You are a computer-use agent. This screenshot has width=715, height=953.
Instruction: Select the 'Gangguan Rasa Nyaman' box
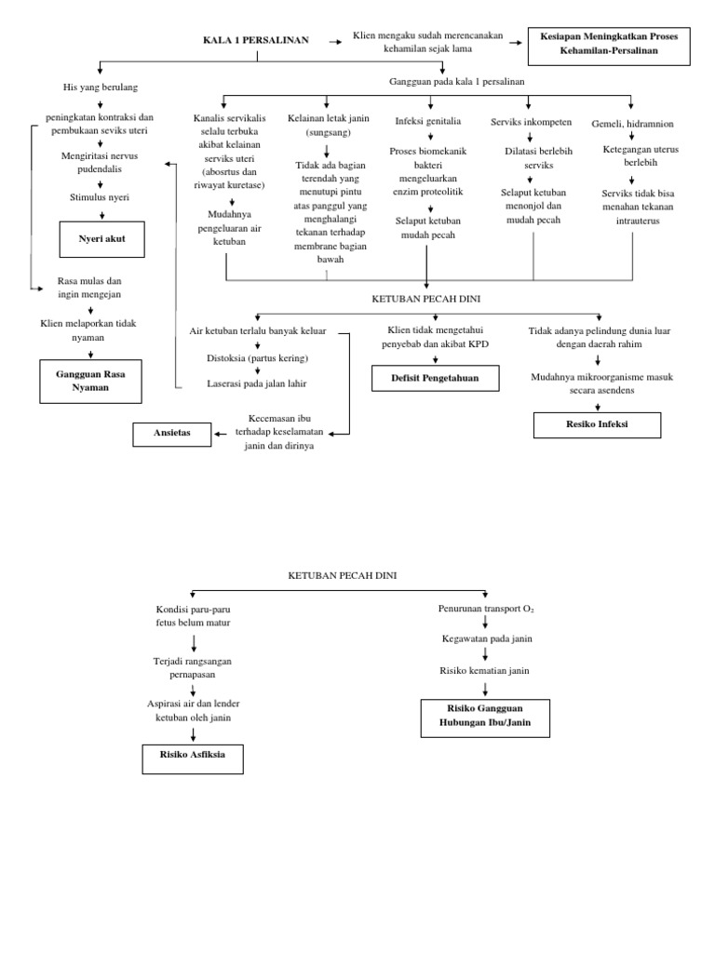91,381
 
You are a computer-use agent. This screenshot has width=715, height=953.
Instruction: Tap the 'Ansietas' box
172,434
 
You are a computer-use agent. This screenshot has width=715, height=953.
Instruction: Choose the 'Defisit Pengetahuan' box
435,378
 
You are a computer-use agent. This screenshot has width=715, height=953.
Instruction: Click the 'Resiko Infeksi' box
597,424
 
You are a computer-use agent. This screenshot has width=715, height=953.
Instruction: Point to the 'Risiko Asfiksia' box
193,758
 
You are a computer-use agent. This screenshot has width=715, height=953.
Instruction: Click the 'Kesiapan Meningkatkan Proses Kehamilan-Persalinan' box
609,44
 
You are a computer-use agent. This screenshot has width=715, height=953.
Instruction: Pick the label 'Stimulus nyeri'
100,197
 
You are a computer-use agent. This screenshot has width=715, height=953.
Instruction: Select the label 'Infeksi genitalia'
427,121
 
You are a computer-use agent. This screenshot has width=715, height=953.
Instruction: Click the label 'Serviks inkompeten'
531,122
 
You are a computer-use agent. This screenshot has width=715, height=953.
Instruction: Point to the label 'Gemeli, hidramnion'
632,123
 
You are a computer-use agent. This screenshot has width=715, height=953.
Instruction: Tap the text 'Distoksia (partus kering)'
257,357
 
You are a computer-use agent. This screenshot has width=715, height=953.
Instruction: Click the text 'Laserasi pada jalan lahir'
257,383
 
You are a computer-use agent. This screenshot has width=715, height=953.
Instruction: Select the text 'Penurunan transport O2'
485,609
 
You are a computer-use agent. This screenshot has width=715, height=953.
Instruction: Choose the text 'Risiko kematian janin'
485,670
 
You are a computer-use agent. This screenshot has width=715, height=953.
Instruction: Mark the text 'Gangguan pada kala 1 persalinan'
456,82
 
